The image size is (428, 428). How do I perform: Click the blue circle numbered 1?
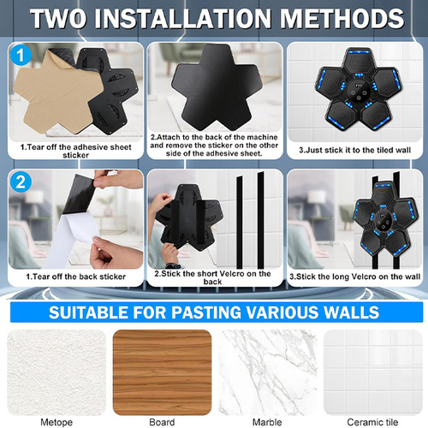[21, 55]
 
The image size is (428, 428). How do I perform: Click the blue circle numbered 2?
[21, 181]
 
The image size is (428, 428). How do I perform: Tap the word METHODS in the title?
[342, 19]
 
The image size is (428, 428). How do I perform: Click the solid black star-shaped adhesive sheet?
[216, 88]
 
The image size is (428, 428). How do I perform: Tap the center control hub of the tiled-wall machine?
[359, 90]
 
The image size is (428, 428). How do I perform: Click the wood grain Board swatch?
[162, 372]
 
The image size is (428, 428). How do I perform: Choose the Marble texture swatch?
[267, 372]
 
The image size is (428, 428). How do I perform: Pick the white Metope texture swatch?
[56, 372]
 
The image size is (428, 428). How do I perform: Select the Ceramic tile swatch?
[373, 372]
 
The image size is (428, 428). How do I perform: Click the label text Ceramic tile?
[372, 422]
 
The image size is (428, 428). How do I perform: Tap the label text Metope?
[56, 422]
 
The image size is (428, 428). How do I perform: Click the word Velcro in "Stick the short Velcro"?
[230, 274]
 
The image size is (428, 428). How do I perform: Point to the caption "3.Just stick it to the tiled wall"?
[354, 150]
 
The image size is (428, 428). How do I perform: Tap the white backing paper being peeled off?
[73, 240]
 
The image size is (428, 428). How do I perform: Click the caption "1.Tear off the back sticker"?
[76, 276]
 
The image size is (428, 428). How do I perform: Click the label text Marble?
[267, 422]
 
